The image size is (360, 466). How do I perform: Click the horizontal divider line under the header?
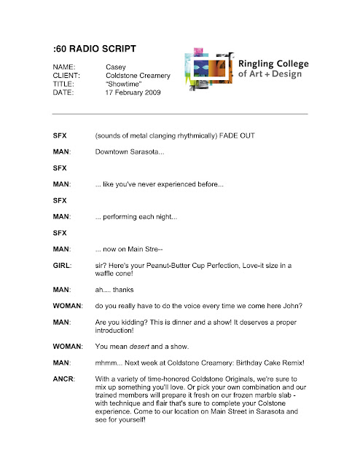[180, 114]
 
